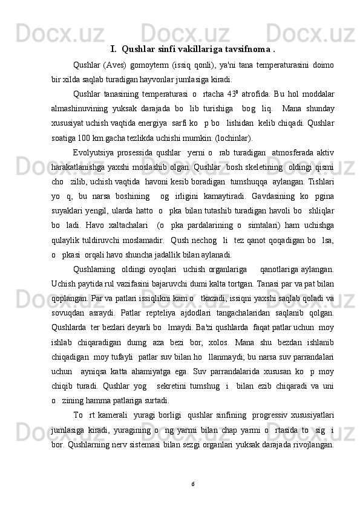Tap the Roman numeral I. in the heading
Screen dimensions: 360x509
click(x=114, y=49)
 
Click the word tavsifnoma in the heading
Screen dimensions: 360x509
click(x=248, y=49)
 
